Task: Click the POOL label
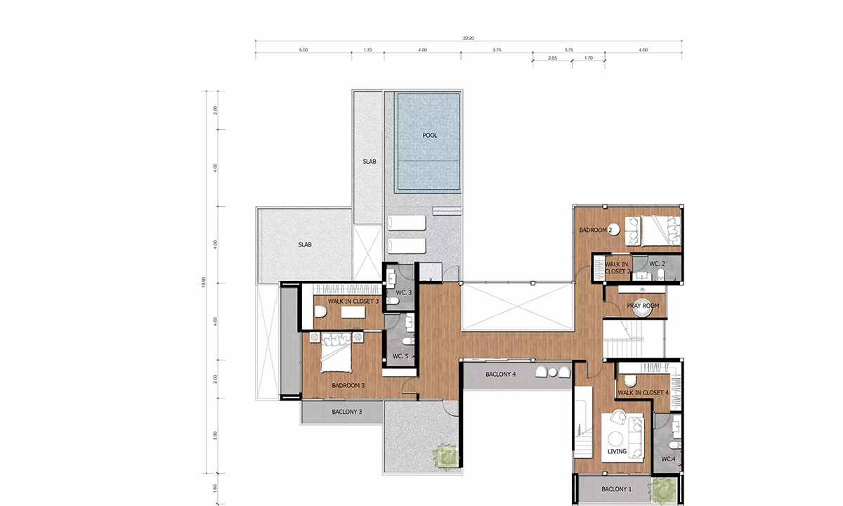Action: point(430,135)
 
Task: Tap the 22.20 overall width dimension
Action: point(469,38)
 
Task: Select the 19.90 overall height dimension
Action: point(204,282)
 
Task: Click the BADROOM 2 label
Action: point(596,230)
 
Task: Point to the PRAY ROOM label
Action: point(643,306)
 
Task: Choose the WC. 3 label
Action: point(404,292)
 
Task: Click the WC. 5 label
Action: point(400,356)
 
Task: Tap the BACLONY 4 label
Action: point(500,374)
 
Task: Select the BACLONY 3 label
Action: point(346,412)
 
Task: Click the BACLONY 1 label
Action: point(617,489)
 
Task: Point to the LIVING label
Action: point(617,451)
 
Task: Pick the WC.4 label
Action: point(668,459)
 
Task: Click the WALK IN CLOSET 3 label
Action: point(353,301)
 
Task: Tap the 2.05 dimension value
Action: point(552,58)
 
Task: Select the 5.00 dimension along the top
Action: point(303,50)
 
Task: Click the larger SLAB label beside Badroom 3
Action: point(305,245)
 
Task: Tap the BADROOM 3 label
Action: point(348,386)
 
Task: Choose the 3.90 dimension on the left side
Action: point(215,436)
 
